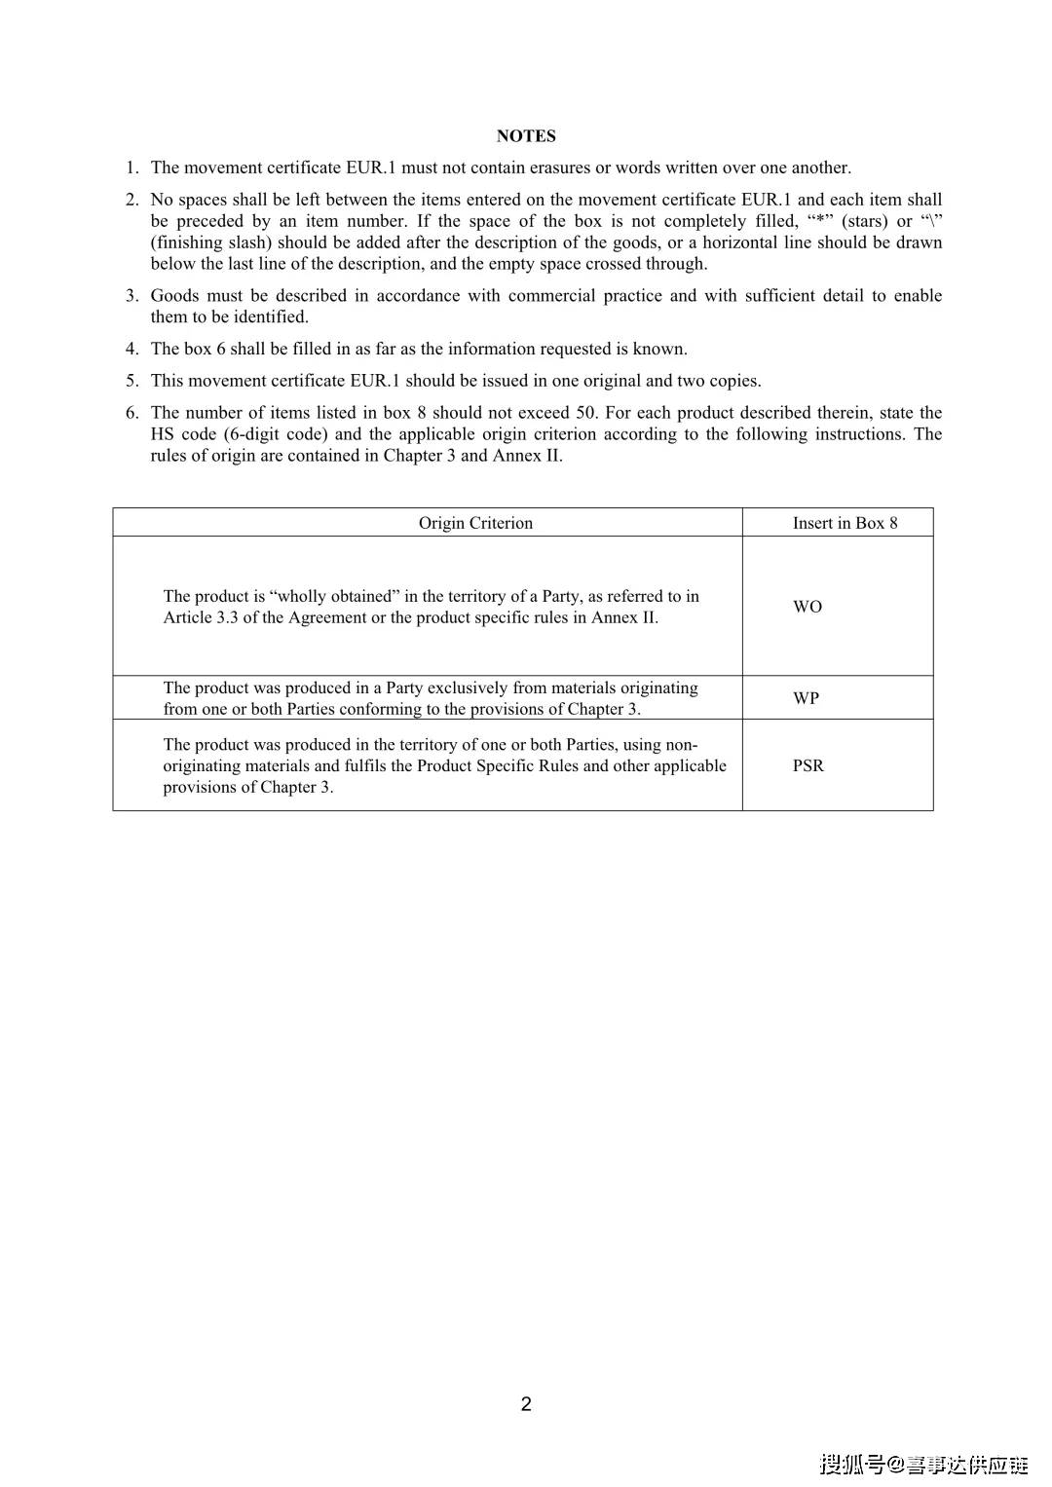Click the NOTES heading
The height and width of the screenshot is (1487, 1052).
pyautogui.click(x=526, y=136)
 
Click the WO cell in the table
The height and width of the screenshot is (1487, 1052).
pyautogui.click(x=808, y=607)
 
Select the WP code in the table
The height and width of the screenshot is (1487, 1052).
pyautogui.click(x=806, y=698)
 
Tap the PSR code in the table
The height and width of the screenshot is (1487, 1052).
pyautogui.click(x=808, y=765)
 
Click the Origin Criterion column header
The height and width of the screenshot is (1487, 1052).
pyautogui.click(x=475, y=523)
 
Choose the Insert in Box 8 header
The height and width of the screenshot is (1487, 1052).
pyautogui.click(x=845, y=523)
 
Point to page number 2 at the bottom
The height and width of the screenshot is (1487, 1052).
pyautogui.click(x=526, y=1403)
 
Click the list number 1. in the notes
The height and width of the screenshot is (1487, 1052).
pyautogui.click(x=131, y=167)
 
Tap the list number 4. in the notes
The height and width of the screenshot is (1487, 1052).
pyautogui.click(x=131, y=349)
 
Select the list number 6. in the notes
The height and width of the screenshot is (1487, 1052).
pyautogui.click(x=131, y=413)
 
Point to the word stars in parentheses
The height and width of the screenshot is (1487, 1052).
pyautogui.click(x=865, y=221)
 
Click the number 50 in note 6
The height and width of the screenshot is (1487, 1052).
pyautogui.click(x=585, y=413)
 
